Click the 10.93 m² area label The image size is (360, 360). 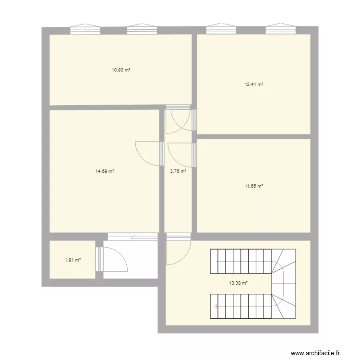pyautogui.click(x=121, y=70)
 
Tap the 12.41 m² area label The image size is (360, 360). pyautogui.click(x=254, y=84)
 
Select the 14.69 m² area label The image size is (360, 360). pyautogui.click(x=105, y=171)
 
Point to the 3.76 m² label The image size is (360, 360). pyautogui.click(x=178, y=171)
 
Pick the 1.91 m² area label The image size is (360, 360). pyautogui.click(x=72, y=260)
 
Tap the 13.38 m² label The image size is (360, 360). pyautogui.click(x=239, y=283)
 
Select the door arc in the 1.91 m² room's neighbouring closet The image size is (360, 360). pyautogui.click(x=115, y=260)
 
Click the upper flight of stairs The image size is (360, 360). pyautogui.click(x=240, y=261)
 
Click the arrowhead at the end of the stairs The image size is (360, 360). pyautogui.click(x=216, y=306)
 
